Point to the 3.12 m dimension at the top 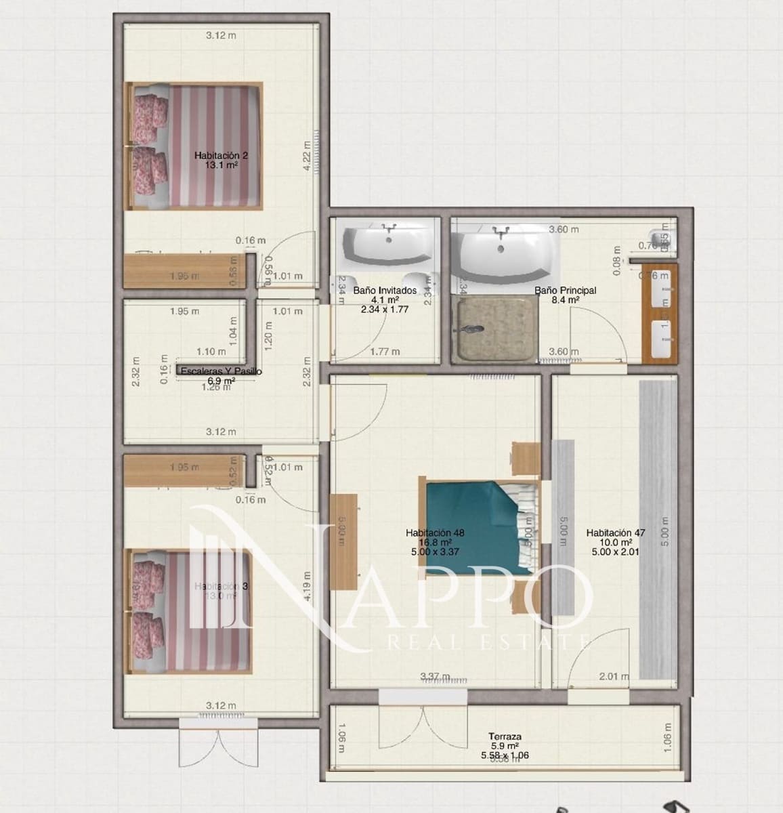pos(221,35)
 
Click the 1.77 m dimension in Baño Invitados pos(385,352)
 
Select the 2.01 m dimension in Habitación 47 pos(614,675)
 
